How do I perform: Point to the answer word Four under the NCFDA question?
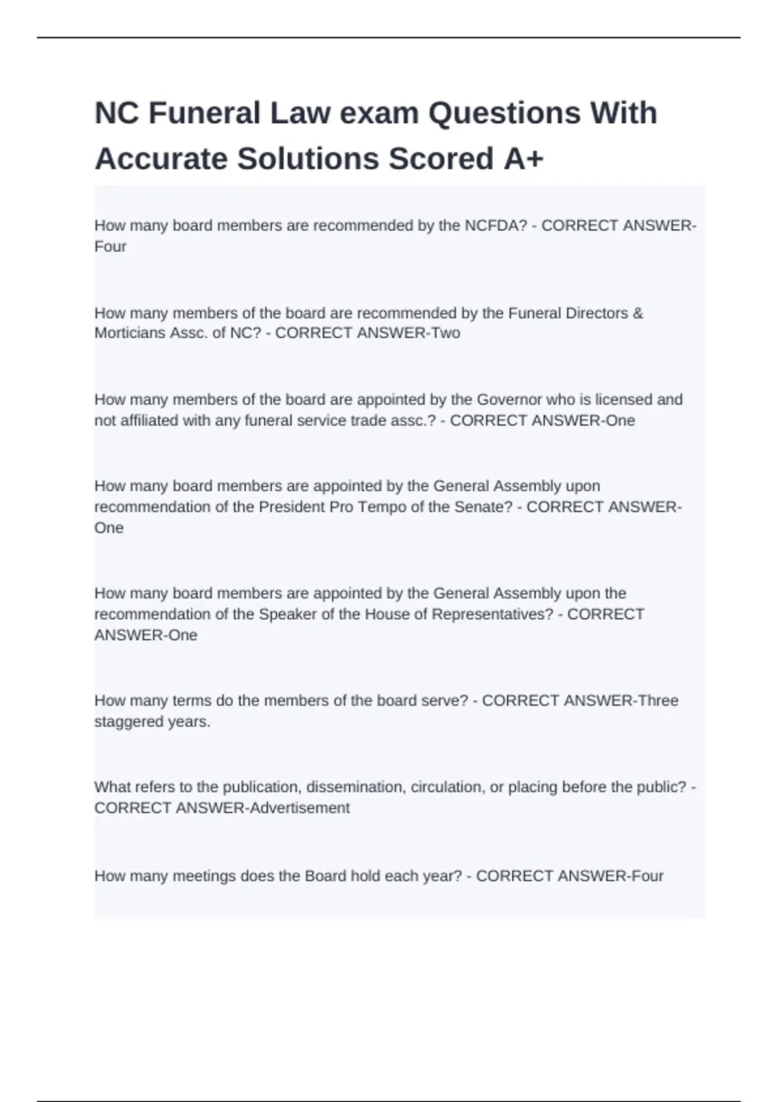pos(110,246)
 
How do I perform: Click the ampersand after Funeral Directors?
pos(638,313)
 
